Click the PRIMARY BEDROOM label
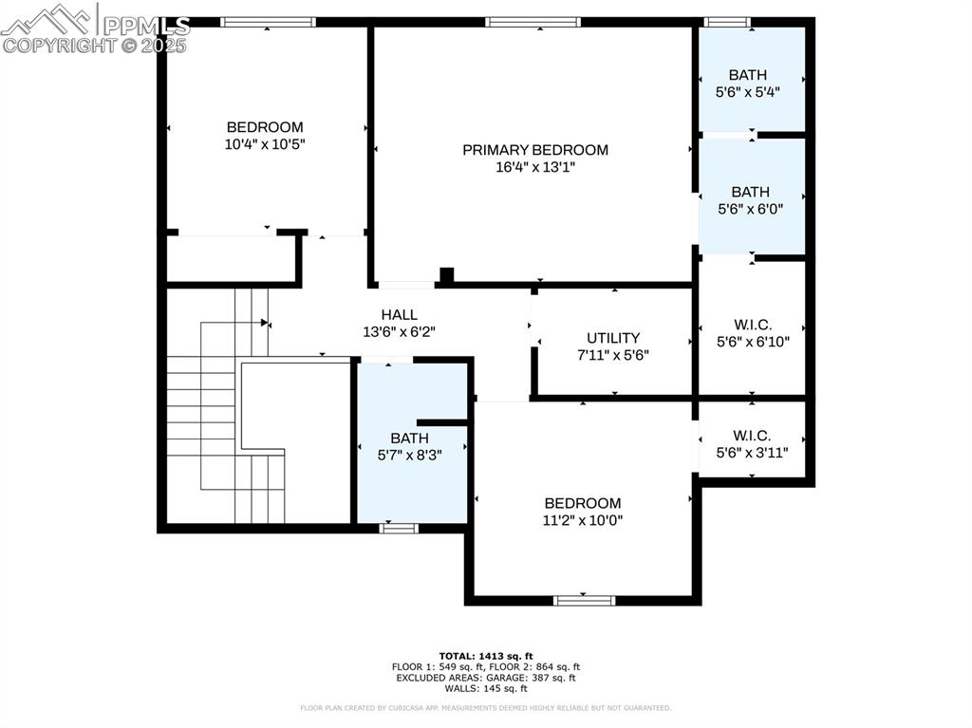[x=535, y=150]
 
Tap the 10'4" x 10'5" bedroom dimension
[x=265, y=144]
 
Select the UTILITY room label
[x=613, y=338]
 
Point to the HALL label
[x=399, y=315]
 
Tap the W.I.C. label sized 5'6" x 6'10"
[x=752, y=325]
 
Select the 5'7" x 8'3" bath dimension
[x=410, y=455]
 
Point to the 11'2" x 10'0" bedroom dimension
[x=583, y=520]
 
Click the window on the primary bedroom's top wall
[x=533, y=22]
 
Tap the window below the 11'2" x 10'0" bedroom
[x=584, y=600]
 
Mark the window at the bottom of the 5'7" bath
[x=399, y=528]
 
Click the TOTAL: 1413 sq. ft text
[x=486, y=656]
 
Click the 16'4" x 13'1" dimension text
[x=535, y=167]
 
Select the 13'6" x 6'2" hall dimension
[x=399, y=332]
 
